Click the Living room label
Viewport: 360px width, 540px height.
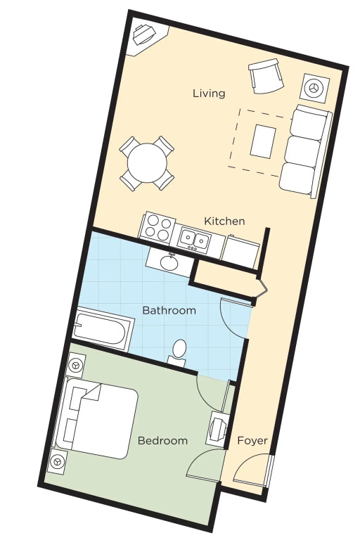click(209, 94)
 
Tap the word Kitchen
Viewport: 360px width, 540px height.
click(224, 221)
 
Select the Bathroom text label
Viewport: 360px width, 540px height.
click(169, 310)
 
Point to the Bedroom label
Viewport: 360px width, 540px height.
click(162, 440)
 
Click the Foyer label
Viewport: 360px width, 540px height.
click(252, 440)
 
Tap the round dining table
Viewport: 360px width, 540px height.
click(147, 163)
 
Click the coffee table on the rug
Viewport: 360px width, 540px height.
click(263, 141)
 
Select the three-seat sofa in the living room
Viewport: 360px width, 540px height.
click(305, 151)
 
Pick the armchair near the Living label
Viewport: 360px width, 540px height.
click(266, 76)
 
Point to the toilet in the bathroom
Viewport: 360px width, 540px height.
click(178, 353)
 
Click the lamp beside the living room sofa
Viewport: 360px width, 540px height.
click(314, 88)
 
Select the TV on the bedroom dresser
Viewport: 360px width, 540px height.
click(219, 430)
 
